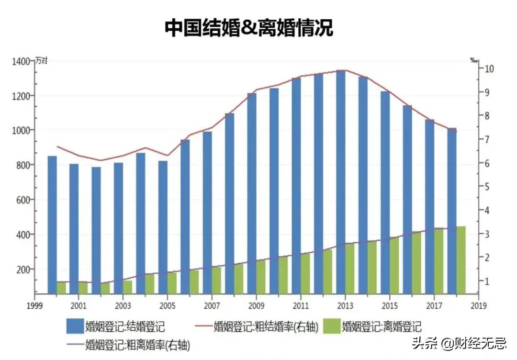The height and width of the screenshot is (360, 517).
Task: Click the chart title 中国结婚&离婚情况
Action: pyautogui.click(x=248, y=28)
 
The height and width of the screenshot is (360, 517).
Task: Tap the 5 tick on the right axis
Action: pyautogui.click(x=488, y=187)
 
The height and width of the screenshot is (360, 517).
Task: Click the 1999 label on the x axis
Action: pyautogui.click(x=33, y=305)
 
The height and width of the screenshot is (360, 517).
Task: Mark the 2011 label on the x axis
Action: pyautogui.click(x=300, y=305)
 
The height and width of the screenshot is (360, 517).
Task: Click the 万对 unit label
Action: pyautogui.click(x=41, y=61)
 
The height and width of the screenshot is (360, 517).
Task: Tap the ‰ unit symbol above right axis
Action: pyautogui.click(x=473, y=60)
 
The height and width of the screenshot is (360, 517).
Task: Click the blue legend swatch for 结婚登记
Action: pyautogui.click(x=75, y=326)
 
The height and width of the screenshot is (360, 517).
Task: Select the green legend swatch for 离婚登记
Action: pyautogui.click(x=331, y=326)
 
